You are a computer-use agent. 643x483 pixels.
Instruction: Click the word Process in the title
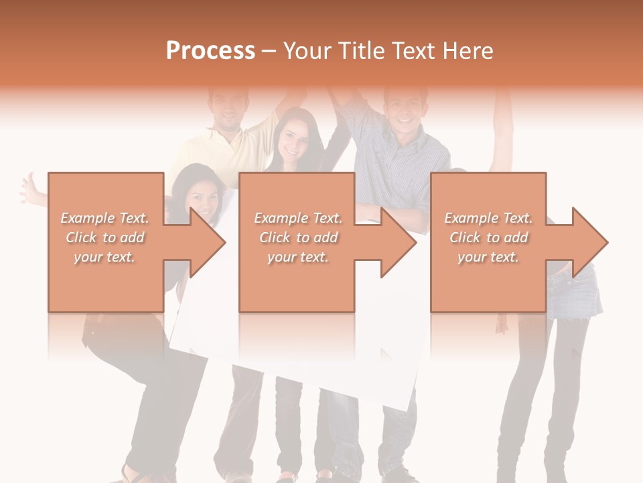[x=210, y=50]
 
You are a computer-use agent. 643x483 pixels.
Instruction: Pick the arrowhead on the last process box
[x=589, y=242]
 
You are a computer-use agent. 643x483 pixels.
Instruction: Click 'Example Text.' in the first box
[x=105, y=218]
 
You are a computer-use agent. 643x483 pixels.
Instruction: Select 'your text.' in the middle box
[x=297, y=257]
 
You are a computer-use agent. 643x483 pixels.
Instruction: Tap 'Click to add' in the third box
[x=488, y=237]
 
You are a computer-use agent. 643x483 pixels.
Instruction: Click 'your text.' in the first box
[x=105, y=257]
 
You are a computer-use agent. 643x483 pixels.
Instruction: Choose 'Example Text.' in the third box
[x=488, y=218]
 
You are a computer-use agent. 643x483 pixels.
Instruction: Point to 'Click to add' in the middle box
[x=297, y=237]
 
